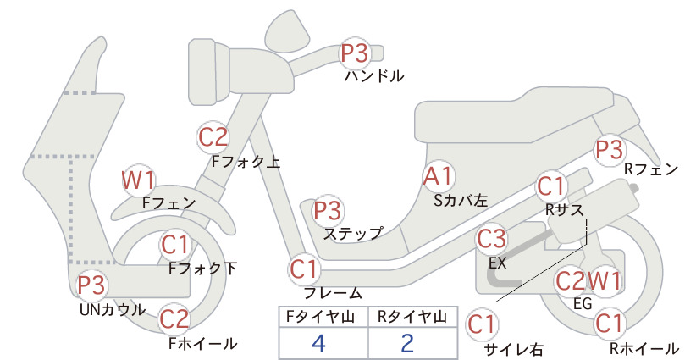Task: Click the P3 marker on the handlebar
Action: click(355, 53)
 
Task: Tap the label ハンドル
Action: click(374, 76)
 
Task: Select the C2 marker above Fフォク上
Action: click(213, 137)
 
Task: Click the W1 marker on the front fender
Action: click(139, 180)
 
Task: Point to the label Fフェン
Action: click(169, 203)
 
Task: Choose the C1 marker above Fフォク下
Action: click(175, 245)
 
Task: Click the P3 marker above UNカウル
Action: click(91, 285)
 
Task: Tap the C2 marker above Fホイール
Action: click(174, 319)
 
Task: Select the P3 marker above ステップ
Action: click(328, 210)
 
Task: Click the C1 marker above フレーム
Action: click(304, 269)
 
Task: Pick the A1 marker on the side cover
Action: click(438, 176)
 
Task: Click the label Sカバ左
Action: click(461, 201)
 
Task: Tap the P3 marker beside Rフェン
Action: click(609, 150)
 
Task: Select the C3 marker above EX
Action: click(491, 239)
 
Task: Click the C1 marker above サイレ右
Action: click(482, 324)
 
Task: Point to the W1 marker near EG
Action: click(604, 280)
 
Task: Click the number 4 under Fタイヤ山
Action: click(318, 343)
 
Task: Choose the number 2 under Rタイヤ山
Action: click(407, 343)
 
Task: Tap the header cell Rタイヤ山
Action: click(412, 317)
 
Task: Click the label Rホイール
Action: click(644, 348)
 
